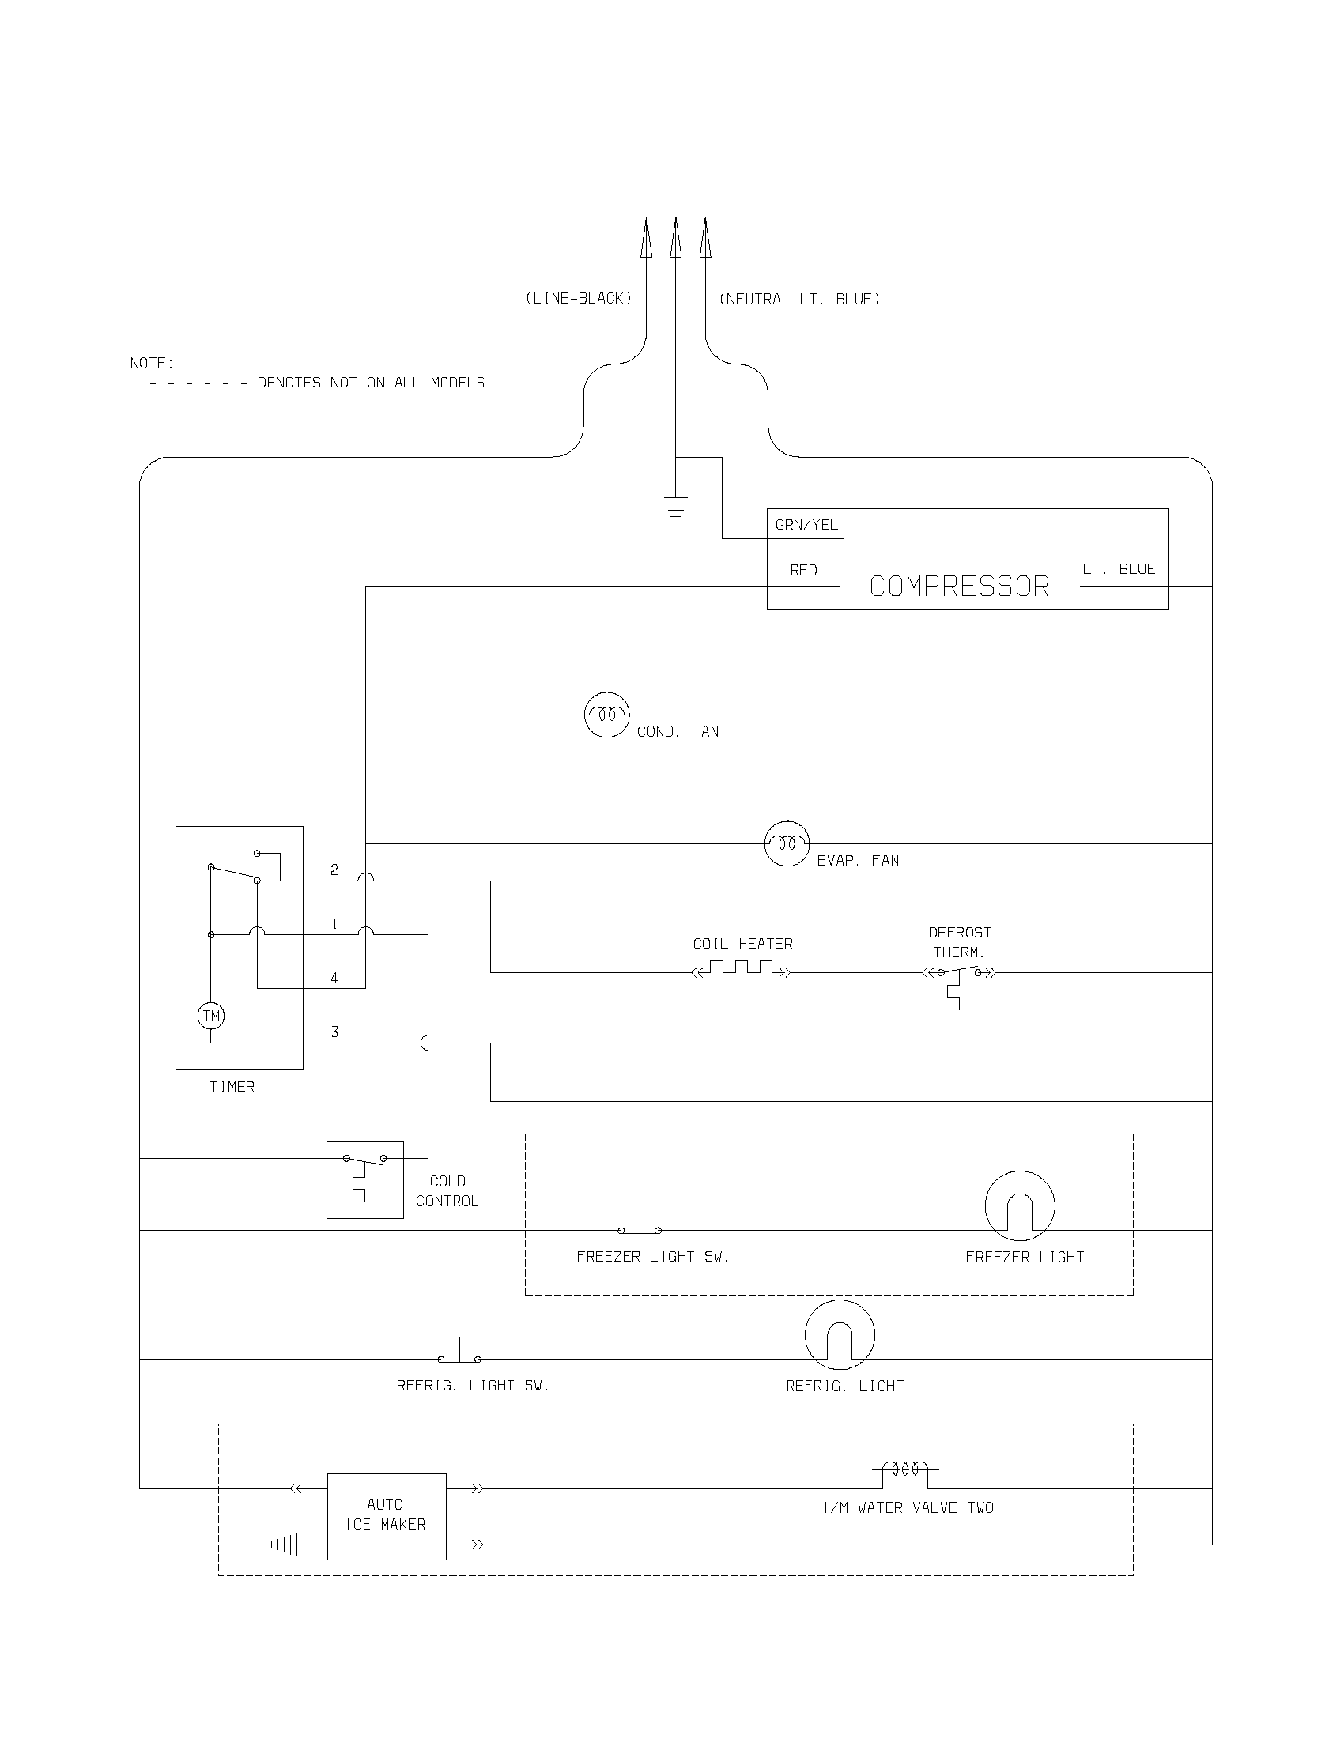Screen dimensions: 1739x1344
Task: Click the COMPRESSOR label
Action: [959, 587]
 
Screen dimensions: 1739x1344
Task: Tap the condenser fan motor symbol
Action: [606, 715]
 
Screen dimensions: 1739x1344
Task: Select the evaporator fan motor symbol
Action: [787, 843]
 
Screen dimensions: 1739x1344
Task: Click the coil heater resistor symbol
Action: [742, 969]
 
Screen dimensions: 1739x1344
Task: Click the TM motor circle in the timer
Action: [211, 1015]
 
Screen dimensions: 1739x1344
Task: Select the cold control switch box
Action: [364, 1179]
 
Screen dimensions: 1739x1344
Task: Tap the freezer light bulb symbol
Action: [1019, 1205]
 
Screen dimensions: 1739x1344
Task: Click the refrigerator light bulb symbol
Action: [839, 1335]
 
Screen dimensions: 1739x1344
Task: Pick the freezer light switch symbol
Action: [640, 1224]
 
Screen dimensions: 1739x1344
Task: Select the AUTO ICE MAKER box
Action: [386, 1516]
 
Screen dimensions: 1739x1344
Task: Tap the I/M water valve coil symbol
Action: [904, 1469]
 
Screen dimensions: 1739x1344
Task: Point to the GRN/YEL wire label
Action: [806, 525]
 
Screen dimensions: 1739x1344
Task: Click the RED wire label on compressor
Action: [803, 570]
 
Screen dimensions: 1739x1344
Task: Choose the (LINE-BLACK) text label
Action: [578, 299]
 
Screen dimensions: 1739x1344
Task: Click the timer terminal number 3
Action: [334, 1032]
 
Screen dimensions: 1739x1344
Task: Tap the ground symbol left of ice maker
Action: [285, 1545]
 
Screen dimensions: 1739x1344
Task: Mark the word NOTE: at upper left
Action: [151, 363]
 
